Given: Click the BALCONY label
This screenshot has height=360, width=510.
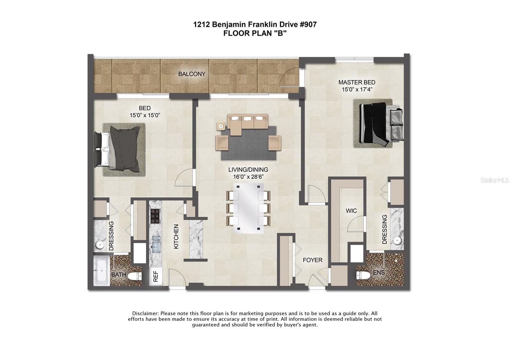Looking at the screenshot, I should [192, 74].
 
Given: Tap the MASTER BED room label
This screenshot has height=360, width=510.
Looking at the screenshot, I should [357, 83].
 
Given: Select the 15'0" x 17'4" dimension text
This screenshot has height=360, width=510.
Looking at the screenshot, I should [357, 90].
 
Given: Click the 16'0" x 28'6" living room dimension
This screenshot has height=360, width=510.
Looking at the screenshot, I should [248, 177].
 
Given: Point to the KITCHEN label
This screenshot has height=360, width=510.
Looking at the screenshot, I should [176, 236].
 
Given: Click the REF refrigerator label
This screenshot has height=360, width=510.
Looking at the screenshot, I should [156, 276].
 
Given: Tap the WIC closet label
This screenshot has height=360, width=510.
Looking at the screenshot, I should [351, 211].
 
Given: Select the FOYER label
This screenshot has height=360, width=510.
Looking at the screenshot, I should [312, 260].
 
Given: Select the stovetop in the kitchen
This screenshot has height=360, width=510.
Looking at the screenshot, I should [155, 216].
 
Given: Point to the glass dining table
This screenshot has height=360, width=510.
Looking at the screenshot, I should [248, 208].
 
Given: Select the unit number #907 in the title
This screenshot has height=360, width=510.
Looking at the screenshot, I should [308, 24].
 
